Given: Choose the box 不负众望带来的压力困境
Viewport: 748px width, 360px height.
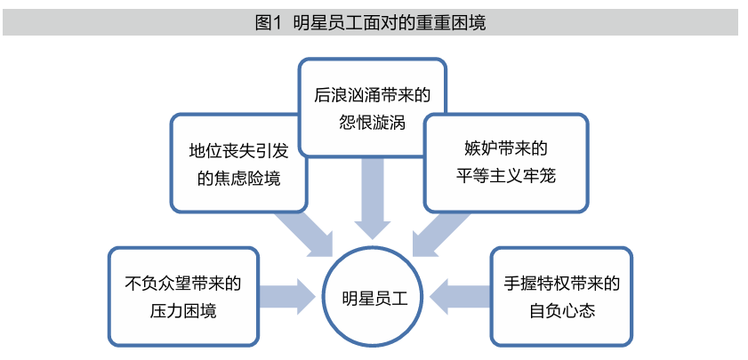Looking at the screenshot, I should pyautogui.click(x=182, y=297).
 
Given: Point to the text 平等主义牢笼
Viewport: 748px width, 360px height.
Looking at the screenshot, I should pyautogui.click(x=504, y=175).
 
